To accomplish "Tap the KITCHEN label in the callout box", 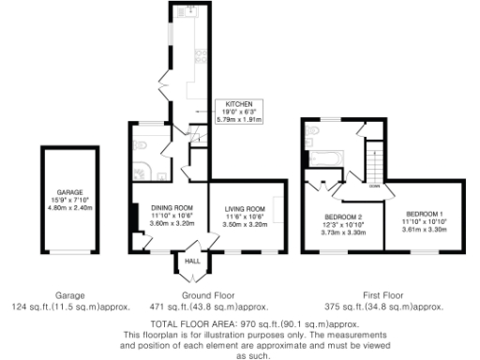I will (240, 107).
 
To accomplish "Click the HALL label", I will (191, 262).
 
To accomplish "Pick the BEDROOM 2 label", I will (336, 217).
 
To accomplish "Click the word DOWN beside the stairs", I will (373, 186).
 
